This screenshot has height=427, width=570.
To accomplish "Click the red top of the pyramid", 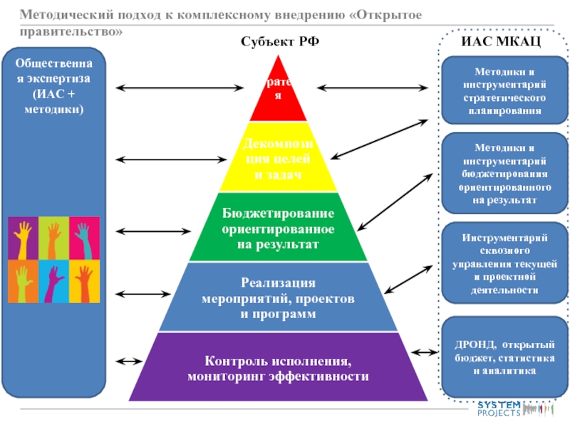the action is (x=278, y=96).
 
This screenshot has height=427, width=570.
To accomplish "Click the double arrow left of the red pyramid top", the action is (x=178, y=88).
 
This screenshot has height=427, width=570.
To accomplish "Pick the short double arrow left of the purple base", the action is (x=128, y=361).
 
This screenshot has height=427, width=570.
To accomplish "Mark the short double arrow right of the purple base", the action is (x=426, y=352).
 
